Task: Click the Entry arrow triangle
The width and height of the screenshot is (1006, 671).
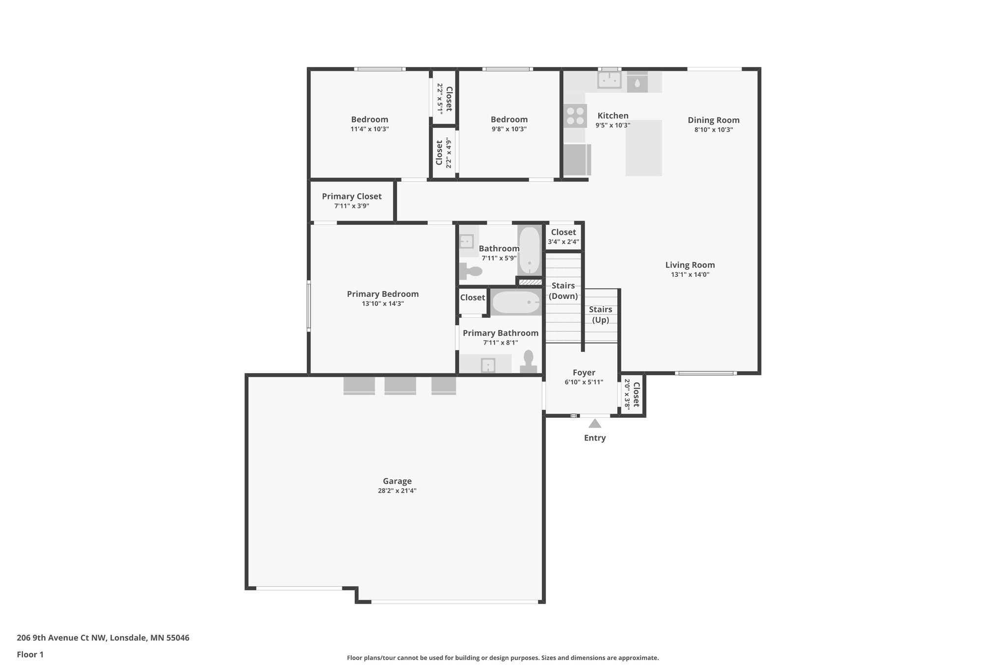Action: coord(594,423)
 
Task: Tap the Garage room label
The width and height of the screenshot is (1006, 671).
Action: coord(397,481)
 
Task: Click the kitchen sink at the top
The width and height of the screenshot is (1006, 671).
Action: coord(609,80)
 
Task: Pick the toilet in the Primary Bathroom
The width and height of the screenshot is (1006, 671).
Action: coord(529,363)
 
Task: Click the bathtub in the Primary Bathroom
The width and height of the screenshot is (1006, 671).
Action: coord(516,302)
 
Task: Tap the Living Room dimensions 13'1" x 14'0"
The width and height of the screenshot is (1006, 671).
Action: coord(690,275)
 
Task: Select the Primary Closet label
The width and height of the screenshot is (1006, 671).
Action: coord(352,196)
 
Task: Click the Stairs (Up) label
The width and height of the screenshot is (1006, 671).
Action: coord(600,315)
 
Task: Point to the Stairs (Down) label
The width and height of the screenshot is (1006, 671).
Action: coord(563,291)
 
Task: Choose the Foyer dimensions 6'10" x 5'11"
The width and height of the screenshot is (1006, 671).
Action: coord(584,382)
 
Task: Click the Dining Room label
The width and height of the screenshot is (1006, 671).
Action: coord(713,120)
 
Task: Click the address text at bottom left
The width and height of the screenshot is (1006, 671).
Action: coord(103,638)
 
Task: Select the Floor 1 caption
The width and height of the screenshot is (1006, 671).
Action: coord(30,654)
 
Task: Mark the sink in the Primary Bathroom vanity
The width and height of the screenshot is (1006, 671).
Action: coord(488,365)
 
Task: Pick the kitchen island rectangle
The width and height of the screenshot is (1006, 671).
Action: coord(643,148)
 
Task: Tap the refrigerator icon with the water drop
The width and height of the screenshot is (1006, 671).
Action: coord(637,82)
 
